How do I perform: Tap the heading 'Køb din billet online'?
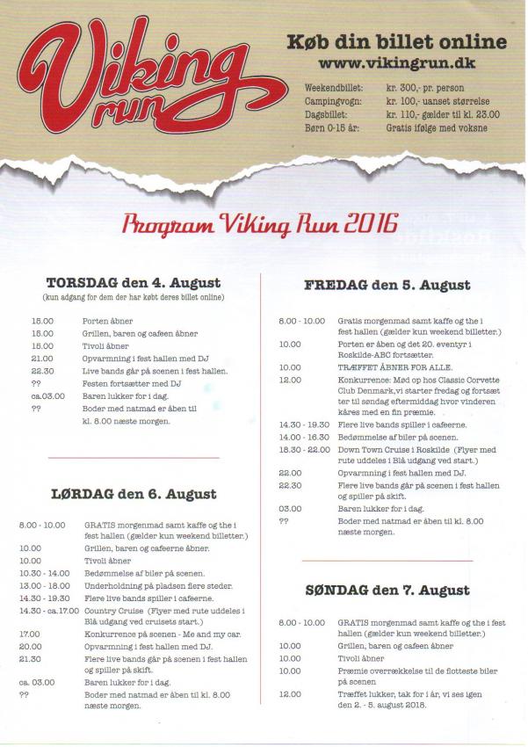tap(397, 41)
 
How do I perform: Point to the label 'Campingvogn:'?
tap(334, 102)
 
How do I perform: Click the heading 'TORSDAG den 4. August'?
tap(134, 283)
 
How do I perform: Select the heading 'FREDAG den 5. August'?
tap(387, 285)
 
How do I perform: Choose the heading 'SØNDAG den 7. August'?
tap(387, 590)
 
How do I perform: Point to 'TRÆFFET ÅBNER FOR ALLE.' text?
tap(388, 367)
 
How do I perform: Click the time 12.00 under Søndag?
tap(290, 693)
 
